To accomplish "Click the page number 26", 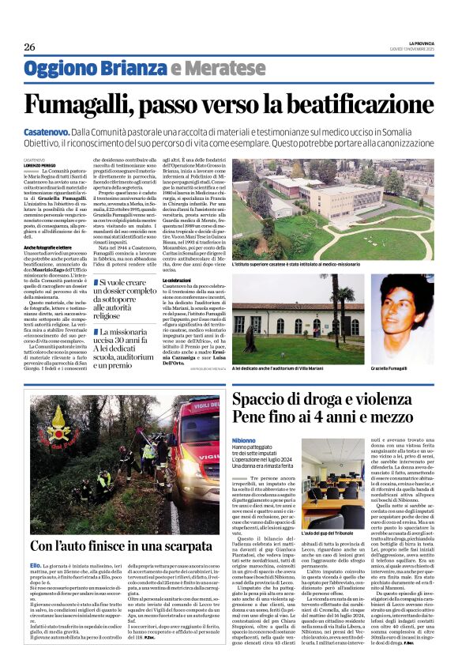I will pyautogui.click(x=29, y=47).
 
